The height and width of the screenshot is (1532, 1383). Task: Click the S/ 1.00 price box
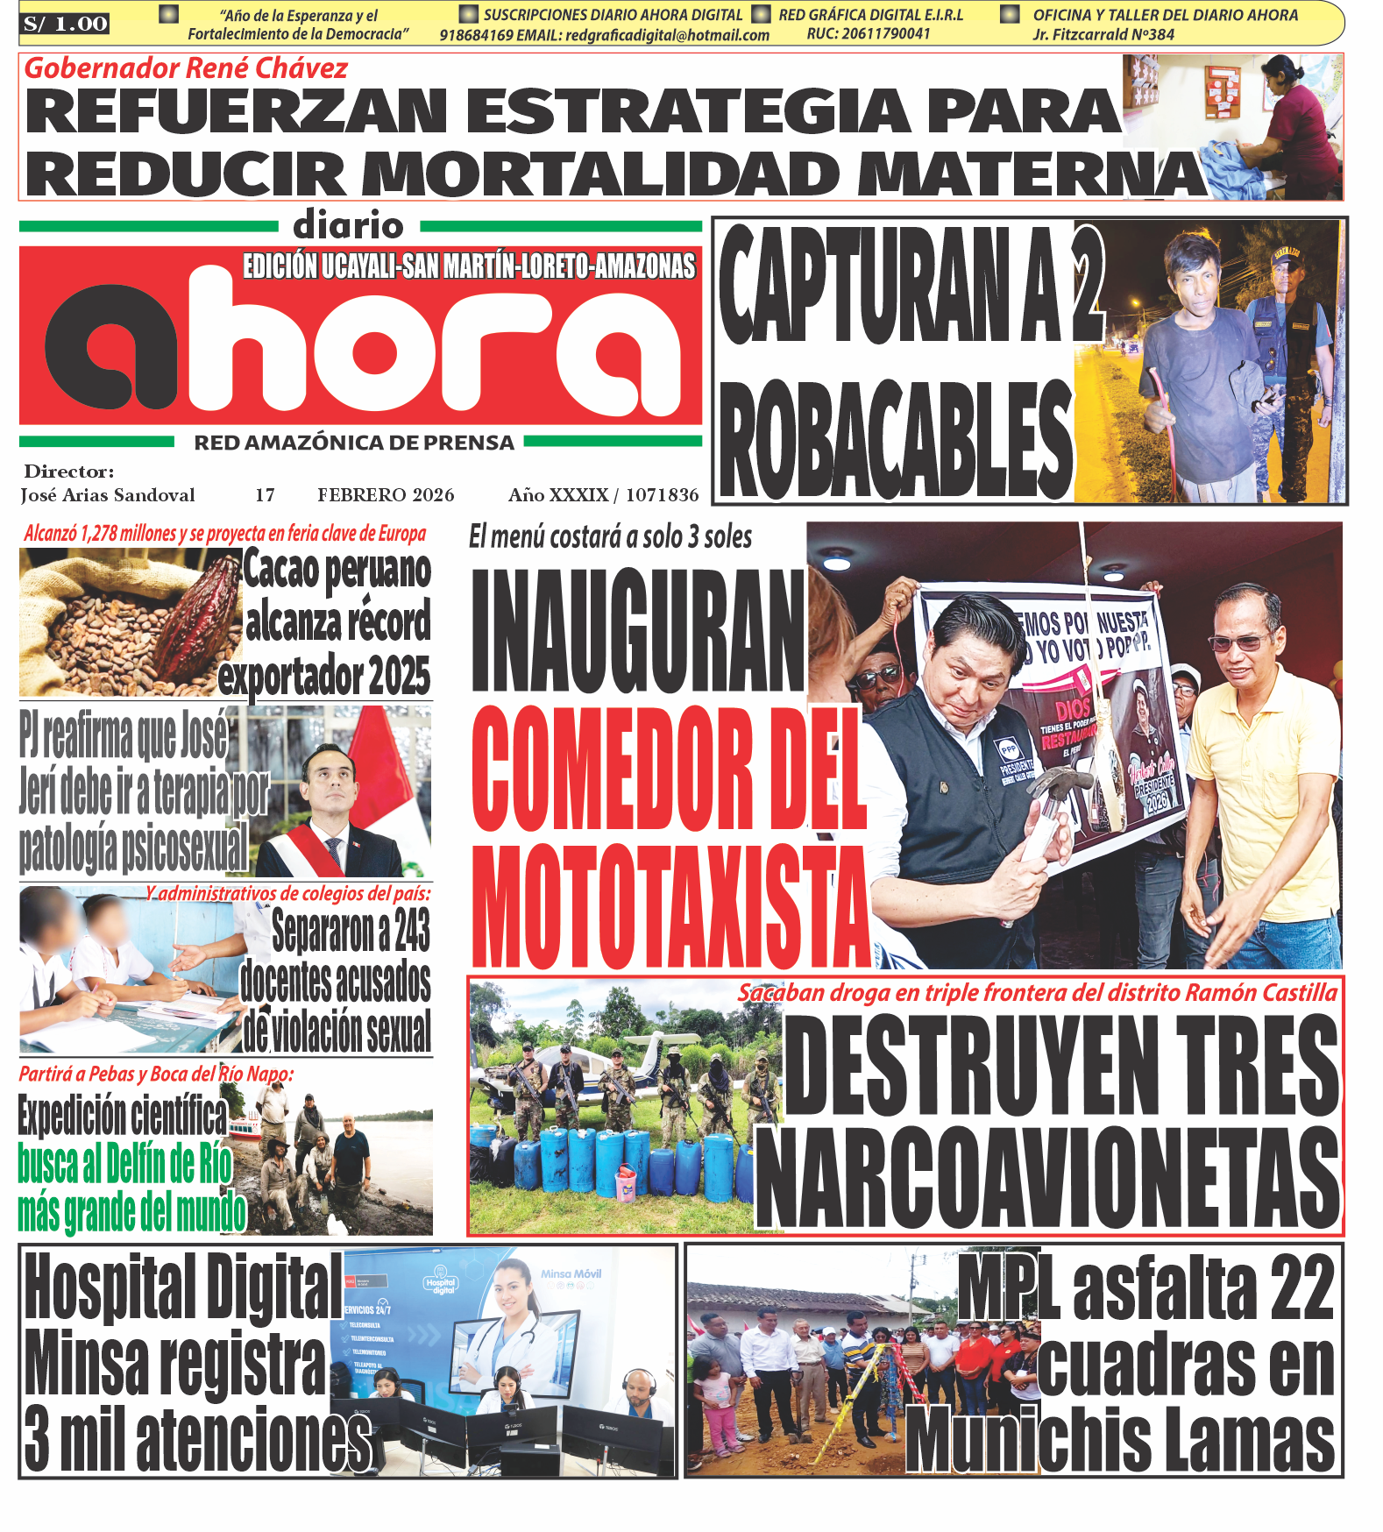[x=65, y=24]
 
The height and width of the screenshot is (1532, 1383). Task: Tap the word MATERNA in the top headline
[x=1030, y=174]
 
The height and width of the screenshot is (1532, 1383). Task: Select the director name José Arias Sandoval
[x=107, y=495]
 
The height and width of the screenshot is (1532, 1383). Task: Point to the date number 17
[x=265, y=495]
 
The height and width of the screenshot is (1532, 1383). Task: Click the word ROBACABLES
[x=894, y=441]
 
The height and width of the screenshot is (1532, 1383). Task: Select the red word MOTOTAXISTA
[x=670, y=907]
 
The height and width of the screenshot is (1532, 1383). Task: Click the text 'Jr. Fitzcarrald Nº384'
[x=1103, y=35]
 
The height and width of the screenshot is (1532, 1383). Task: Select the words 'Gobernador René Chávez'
[x=186, y=68]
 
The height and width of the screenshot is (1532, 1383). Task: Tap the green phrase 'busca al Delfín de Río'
[x=124, y=1164]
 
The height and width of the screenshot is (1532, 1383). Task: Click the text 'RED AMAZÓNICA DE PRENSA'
[x=354, y=443]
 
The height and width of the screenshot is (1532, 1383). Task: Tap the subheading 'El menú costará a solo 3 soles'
[x=610, y=536]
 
